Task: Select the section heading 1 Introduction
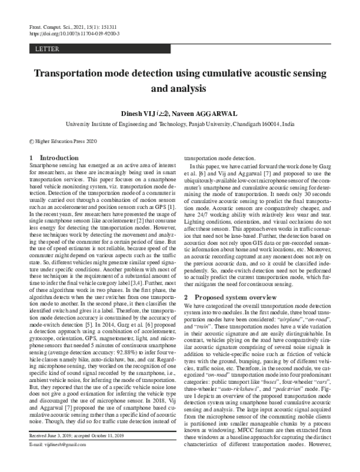(x=53, y=158)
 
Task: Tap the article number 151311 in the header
(x=110, y=27)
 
